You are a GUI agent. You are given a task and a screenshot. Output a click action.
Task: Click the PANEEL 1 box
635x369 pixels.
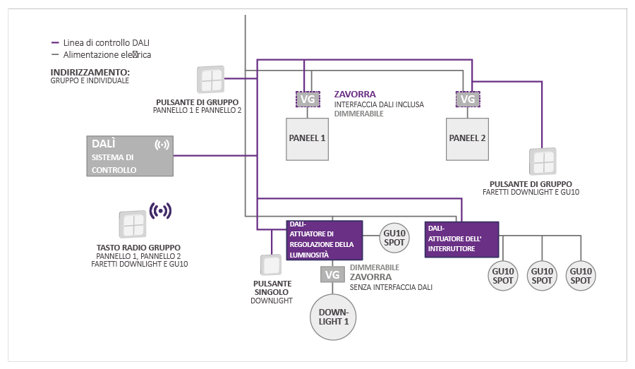308,138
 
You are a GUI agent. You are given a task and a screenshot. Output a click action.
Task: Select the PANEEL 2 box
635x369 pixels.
467,138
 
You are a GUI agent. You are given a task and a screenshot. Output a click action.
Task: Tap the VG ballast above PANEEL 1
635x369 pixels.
308,99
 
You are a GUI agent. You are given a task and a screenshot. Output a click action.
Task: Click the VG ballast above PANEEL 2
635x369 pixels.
467,99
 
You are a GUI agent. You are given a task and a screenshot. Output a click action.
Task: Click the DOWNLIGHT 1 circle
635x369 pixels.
334,316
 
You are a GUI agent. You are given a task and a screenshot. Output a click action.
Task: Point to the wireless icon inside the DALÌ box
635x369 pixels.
162,145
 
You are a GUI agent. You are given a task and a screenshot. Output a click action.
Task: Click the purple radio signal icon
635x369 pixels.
161,210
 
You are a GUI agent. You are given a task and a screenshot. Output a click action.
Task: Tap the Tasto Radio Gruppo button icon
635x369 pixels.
131,224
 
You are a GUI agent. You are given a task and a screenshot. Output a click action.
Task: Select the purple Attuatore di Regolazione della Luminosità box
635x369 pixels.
324,239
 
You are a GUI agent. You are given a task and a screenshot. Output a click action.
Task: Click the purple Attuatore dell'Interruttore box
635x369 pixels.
461,239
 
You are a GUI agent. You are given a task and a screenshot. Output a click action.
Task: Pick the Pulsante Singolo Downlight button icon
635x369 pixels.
271,265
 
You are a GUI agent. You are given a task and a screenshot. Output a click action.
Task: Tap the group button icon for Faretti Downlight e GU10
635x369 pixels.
542,162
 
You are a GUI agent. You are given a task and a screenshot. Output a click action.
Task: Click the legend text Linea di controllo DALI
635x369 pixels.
106,42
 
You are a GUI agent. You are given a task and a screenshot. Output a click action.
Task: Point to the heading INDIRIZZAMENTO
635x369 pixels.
90,72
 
